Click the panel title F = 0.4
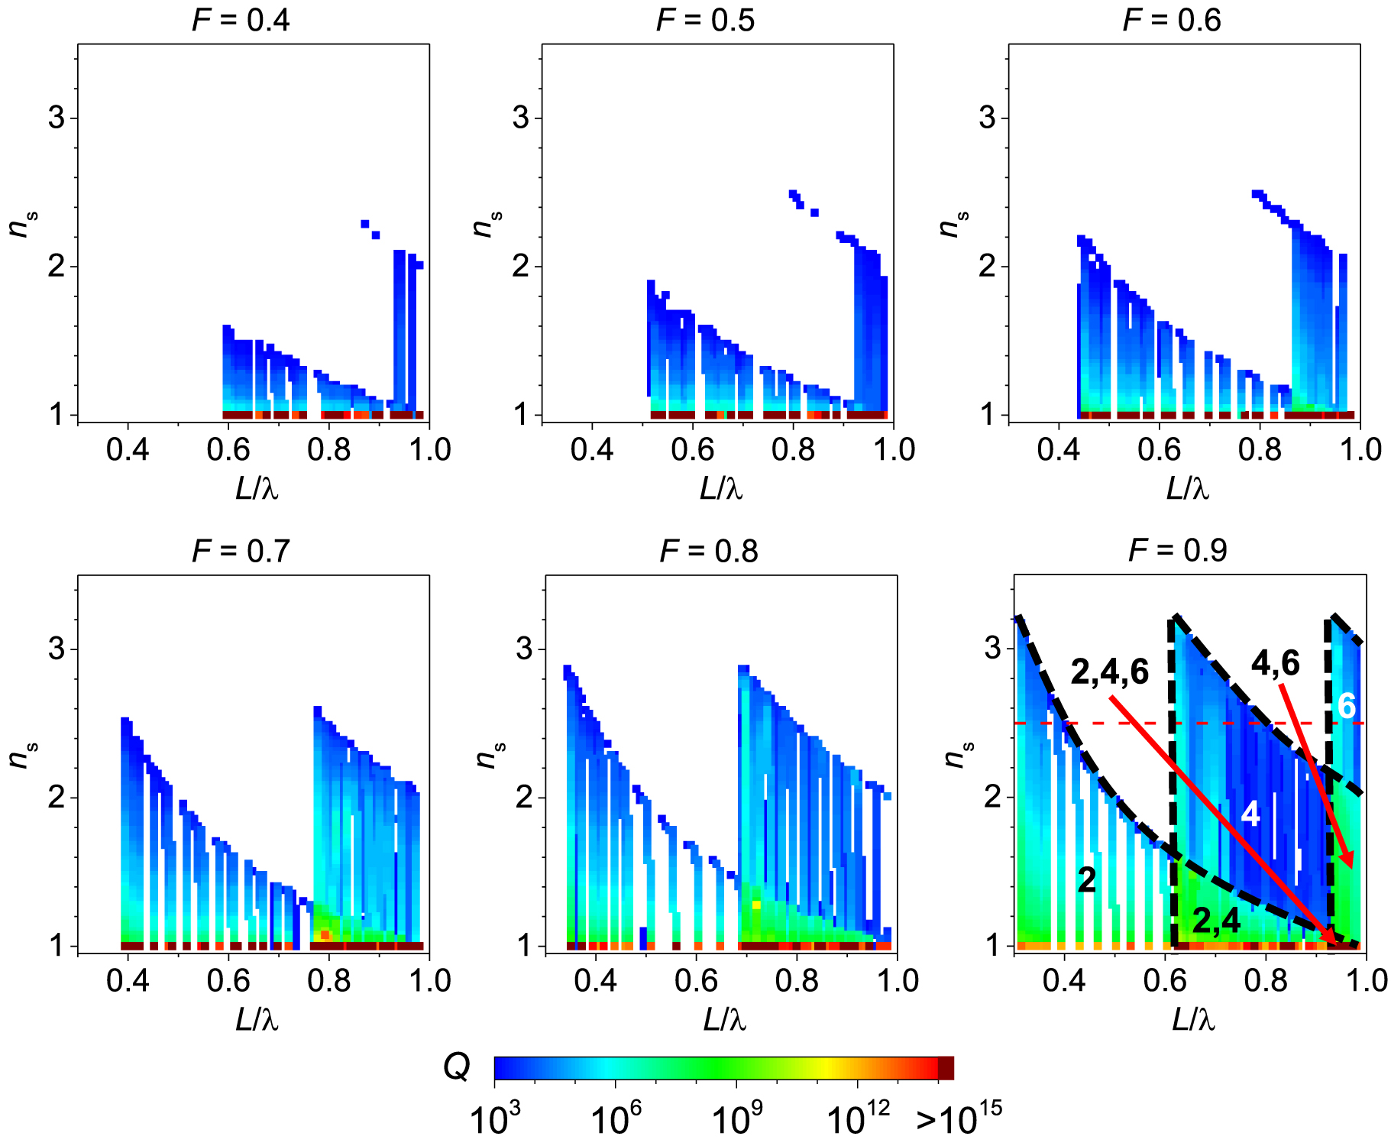pyautogui.click(x=241, y=20)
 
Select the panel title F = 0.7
pyautogui.click(x=241, y=551)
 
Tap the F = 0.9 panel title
pyautogui.click(x=1178, y=550)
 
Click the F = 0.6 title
pyautogui.click(x=1172, y=20)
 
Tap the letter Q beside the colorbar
pyautogui.click(x=457, y=1067)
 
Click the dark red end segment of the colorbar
pyautogui.click(x=946, y=1068)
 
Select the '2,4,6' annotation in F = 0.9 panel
pyautogui.click(x=1109, y=672)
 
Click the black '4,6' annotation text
pyautogui.click(x=1275, y=663)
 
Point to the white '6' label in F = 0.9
pyautogui.click(x=1346, y=706)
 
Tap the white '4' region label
pyautogui.click(x=1250, y=814)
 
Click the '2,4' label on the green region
pyautogui.click(x=1216, y=921)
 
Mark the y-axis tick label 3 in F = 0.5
pyautogui.click(x=521, y=118)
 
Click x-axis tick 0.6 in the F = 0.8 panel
pyautogui.click(x=696, y=980)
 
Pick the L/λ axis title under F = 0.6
pyautogui.click(x=1188, y=489)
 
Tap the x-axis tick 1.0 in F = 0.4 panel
pyautogui.click(x=429, y=450)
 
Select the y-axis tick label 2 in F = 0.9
pyautogui.click(x=992, y=798)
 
